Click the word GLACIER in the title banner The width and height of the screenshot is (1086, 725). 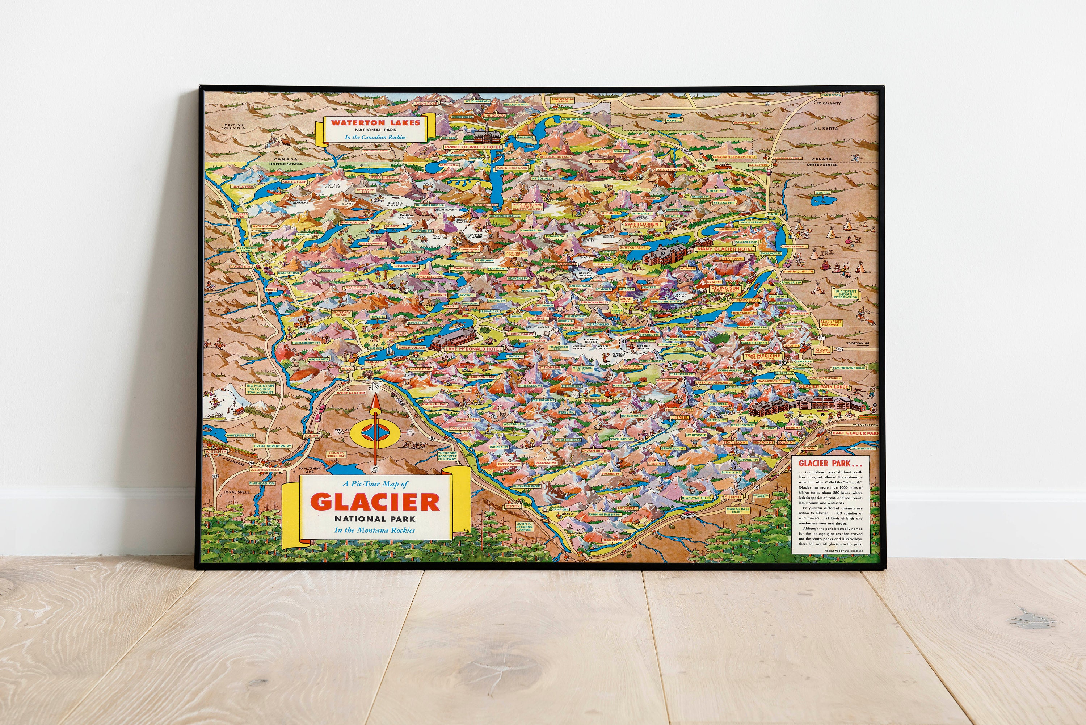pos(379,502)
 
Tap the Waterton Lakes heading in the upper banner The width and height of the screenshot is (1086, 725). pos(375,122)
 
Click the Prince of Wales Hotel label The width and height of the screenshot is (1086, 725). pos(473,147)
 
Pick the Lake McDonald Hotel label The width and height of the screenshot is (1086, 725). pos(471,349)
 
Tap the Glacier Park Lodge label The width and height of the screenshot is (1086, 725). pos(823,386)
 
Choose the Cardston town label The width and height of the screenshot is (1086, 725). pos(831,95)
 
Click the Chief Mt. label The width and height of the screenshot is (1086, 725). pos(716,190)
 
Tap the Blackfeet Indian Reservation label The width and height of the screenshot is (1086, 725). pos(846,294)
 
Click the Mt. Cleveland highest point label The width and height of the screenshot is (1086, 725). pos(527,206)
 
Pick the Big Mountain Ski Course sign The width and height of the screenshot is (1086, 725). pos(260,389)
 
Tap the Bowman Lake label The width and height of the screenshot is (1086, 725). pos(354,222)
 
